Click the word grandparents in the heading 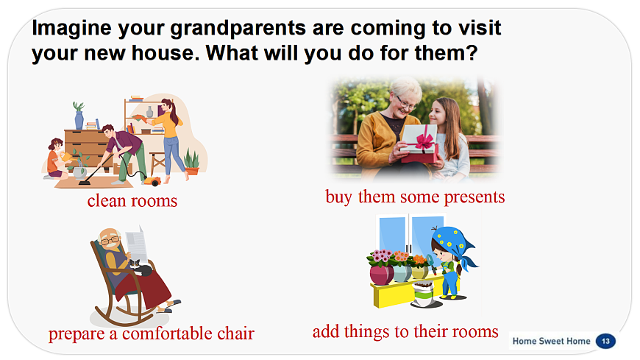click(x=238, y=28)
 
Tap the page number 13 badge click(x=605, y=341)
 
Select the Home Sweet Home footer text click(x=551, y=341)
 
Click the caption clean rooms click(x=132, y=201)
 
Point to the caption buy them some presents click(x=415, y=197)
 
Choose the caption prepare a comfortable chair click(x=152, y=333)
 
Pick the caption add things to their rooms click(x=405, y=331)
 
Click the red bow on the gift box click(x=423, y=140)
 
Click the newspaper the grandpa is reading click(x=137, y=244)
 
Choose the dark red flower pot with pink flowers click(x=381, y=274)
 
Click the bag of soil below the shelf click(x=424, y=294)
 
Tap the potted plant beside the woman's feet click(x=192, y=163)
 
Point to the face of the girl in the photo click(x=438, y=113)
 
